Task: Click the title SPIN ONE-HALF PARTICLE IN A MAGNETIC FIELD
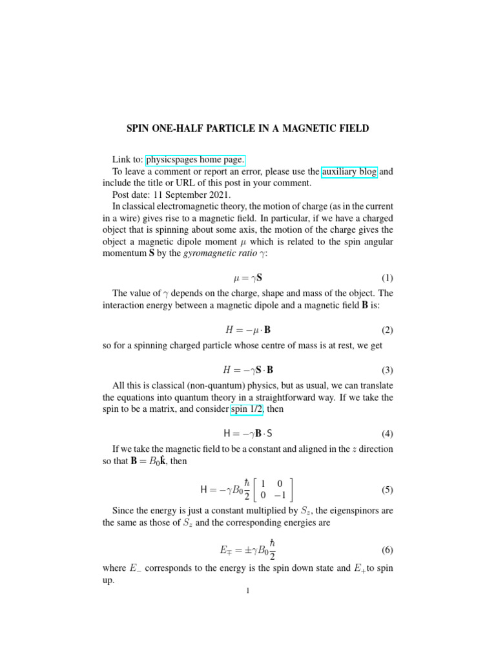pos(247,129)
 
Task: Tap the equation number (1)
pos(387,279)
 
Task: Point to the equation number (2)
pos(387,330)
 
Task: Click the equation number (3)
pos(387,370)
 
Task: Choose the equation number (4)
pos(387,433)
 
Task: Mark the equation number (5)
pos(387,490)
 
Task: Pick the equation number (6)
pos(387,551)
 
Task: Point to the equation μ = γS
pos(247,279)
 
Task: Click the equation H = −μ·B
pos(247,330)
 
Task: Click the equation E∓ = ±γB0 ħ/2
pos(248,551)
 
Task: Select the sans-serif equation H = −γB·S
pos(248,433)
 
